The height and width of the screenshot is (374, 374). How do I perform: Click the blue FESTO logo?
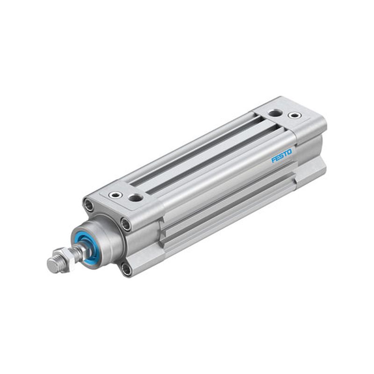coord(281,156)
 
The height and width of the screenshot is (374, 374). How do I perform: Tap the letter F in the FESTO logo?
coord(273,160)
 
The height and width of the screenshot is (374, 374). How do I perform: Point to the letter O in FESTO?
coord(289,152)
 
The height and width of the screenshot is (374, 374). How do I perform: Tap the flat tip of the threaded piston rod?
coord(52,265)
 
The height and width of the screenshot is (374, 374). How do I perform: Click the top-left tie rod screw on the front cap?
coord(89,205)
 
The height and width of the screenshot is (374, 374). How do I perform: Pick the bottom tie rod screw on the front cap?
coord(126,269)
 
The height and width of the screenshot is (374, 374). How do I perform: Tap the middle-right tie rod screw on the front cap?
coord(126,224)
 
